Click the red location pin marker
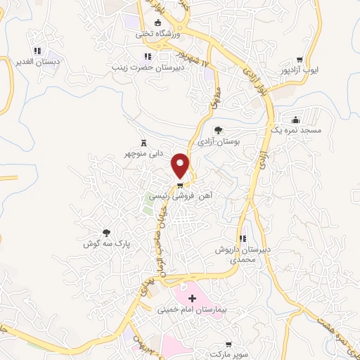[x=181, y=166]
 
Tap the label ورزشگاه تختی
[x=154, y=33]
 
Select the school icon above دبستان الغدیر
[x=37, y=51]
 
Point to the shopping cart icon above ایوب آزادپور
[x=300, y=59]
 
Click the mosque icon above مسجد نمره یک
[x=295, y=119]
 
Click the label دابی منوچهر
[x=145, y=153]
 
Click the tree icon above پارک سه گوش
[x=106, y=233]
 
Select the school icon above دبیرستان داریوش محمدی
[x=243, y=239]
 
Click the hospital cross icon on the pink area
[x=192, y=298]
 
